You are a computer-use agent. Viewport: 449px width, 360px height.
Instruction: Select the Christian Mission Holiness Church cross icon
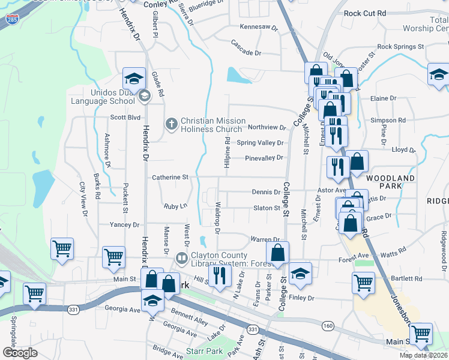tap(171, 124)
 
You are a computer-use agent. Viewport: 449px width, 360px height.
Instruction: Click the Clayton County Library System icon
tap(181, 258)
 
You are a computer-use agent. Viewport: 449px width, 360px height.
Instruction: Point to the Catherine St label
tap(170, 178)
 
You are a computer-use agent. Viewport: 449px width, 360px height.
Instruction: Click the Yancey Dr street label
tap(124, 225)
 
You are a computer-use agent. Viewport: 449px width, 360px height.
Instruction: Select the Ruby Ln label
tap(175, 206)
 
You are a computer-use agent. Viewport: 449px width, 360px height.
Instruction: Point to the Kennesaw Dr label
tap(259, 28)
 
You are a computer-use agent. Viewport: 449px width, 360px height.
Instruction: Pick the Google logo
tap(20, 353)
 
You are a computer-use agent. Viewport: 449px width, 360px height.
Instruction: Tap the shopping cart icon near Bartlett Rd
tap(363, 282)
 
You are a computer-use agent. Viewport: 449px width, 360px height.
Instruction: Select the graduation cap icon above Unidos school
tap(134, 79)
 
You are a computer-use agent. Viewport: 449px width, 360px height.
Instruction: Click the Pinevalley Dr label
tap(264, 158)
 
